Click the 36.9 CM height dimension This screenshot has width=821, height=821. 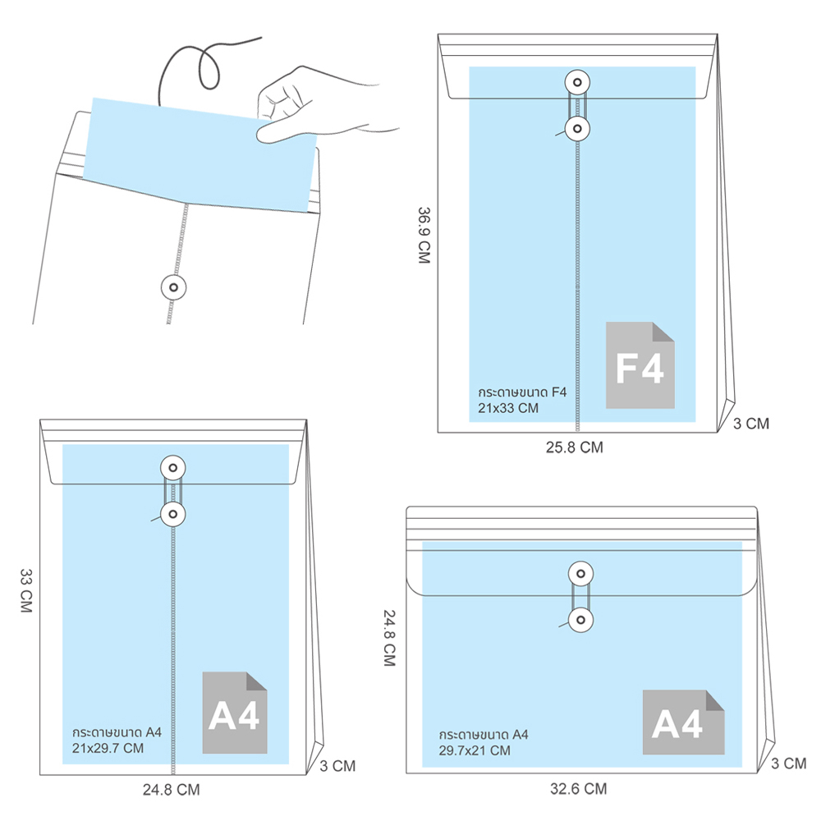click(424, 235)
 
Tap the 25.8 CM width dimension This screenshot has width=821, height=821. click(575, 447)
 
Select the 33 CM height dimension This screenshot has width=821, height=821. click(25, 590)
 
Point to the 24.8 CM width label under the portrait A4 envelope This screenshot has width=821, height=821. click(172, 790)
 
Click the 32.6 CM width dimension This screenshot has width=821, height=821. click(578, 788)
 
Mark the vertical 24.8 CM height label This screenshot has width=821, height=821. click(389, 638)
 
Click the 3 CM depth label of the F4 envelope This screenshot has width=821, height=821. click(751, 424)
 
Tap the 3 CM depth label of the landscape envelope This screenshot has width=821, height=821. click(788, 764)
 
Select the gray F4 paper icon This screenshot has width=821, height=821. click(640, 365)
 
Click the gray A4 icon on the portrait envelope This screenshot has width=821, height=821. click(235, 713)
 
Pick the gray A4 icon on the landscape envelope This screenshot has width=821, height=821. click(683, 722)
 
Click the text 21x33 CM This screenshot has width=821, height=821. click(508, 408)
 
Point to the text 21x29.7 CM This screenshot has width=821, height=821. click(108, 748)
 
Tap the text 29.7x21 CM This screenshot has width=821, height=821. click(475, 750)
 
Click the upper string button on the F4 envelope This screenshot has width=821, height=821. click(577, 82)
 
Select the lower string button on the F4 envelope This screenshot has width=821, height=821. click(577, 128)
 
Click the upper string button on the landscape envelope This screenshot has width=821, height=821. click(580, 574)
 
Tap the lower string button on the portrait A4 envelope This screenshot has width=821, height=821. click(172, 514)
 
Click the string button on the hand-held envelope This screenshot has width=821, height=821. click(173, 287)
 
